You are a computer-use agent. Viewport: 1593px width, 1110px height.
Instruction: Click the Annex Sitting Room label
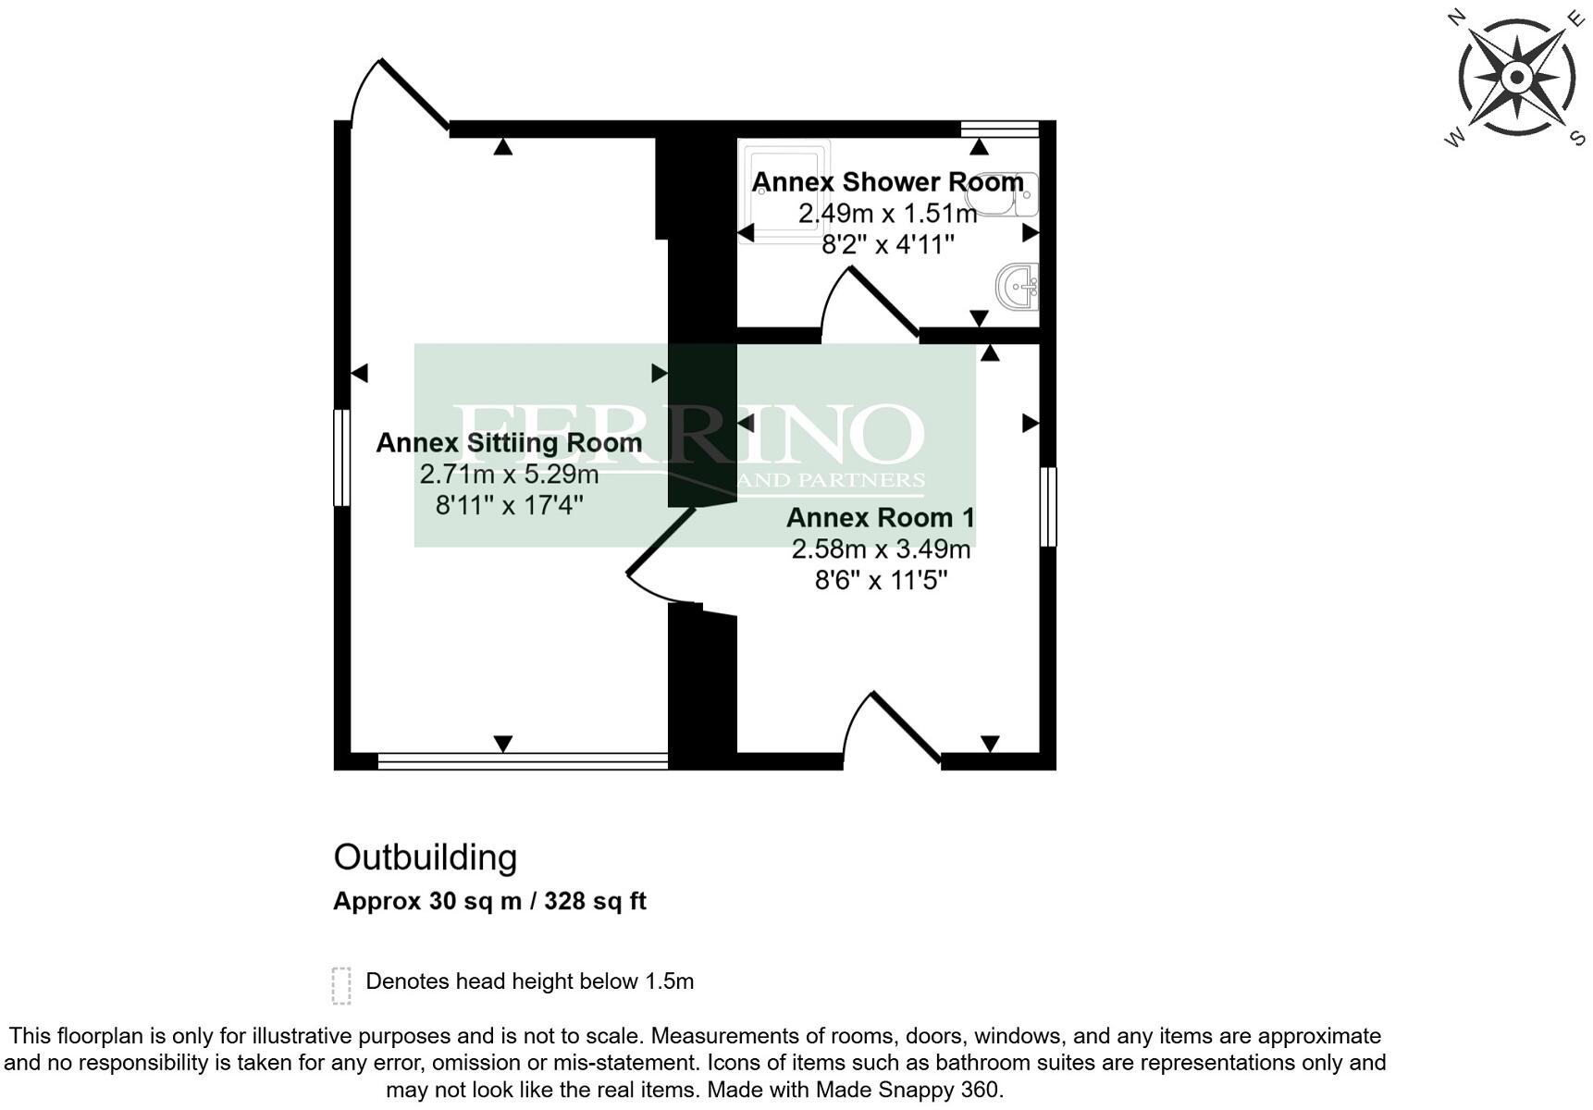(509, 443)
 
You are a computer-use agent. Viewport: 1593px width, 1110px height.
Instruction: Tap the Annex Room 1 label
(880, 517)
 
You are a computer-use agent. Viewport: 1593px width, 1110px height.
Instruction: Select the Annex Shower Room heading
(887, 181)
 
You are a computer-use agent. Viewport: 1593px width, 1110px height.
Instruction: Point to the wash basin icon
(1019, 286)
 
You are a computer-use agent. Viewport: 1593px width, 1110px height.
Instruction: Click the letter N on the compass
(1455, 18)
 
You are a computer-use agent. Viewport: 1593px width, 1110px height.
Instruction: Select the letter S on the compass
(1576, 139)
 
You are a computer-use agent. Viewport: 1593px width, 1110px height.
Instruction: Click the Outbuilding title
(425, 857)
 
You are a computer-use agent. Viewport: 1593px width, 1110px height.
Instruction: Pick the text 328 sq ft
(595, 901)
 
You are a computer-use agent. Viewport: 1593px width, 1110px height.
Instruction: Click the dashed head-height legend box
(341, 985)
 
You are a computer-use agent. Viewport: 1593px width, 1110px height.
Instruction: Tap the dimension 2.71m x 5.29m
(509, 475)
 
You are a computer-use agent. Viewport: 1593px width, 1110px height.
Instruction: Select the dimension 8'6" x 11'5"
(880, 580)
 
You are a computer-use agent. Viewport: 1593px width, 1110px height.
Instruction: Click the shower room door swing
(865, 299)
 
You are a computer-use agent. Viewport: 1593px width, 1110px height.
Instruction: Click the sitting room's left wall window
(341, 458)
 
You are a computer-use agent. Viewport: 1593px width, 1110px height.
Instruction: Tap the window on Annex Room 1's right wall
(1047, 506)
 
